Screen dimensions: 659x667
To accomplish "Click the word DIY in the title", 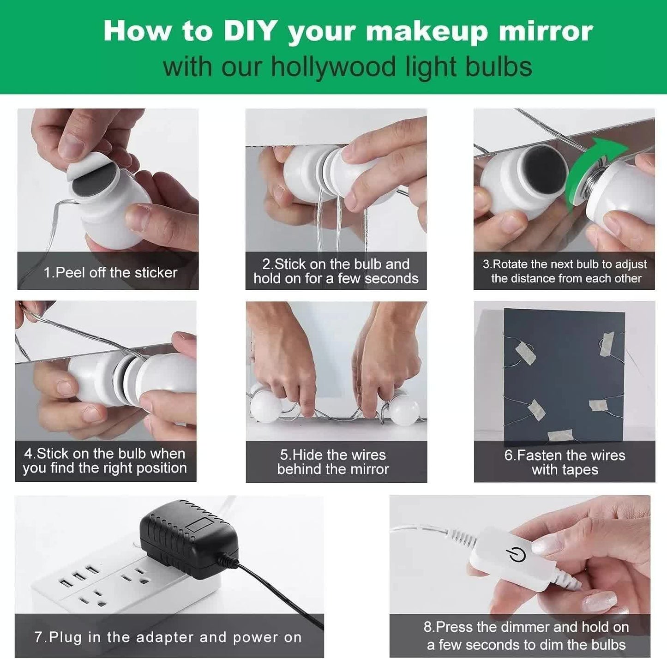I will (250, 31).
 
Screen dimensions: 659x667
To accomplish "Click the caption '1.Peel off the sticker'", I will (110, 272).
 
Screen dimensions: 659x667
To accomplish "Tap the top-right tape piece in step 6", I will (607, 344).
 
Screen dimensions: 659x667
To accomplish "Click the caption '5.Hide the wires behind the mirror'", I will (333, 462).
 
